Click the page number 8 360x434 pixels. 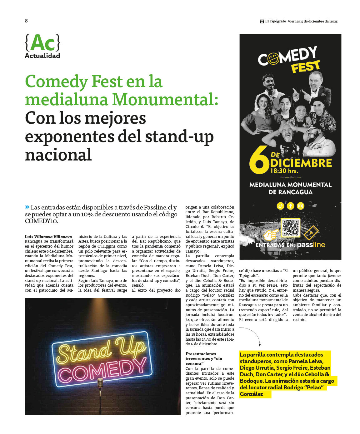point(26,21)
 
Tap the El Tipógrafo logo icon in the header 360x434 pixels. point(262,21)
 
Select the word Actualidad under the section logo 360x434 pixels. point(42,56)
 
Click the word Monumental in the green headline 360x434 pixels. point(165,99)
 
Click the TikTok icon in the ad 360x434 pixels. point(280,206)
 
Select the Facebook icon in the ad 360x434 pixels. point(290,206)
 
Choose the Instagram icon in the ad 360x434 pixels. point(300,206)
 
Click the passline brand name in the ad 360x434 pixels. point(311,245)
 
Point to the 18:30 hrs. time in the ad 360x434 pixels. point(284,171)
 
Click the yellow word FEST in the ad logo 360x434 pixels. point(305,67)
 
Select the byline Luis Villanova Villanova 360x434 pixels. point(48,237)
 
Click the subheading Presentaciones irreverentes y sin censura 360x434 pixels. point(204,358)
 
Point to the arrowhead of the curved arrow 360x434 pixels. point(259,345)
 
